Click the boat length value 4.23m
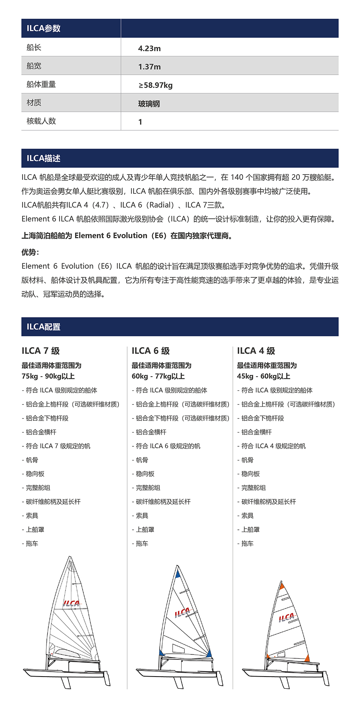149,48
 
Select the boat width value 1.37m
149,67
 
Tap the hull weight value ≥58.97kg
155,85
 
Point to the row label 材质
34,103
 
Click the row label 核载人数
41,121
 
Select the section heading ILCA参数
43,28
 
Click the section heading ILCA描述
43,158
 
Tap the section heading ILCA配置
43,327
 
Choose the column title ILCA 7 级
40,351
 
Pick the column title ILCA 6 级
150,351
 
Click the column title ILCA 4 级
256,351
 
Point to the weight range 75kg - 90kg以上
48,376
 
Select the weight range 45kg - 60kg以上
263,376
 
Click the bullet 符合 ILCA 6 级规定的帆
168,446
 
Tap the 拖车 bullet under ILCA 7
32,544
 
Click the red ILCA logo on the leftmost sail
71,603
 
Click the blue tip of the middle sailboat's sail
178,572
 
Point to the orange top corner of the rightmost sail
282,586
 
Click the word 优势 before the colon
29,252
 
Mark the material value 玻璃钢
149,104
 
